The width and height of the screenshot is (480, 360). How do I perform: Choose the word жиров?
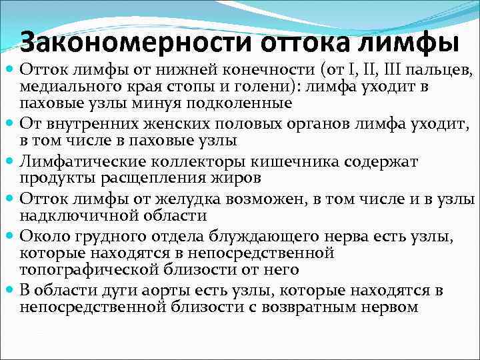(x=238, y=179)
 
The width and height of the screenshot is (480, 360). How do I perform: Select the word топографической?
(x=90, y=269)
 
